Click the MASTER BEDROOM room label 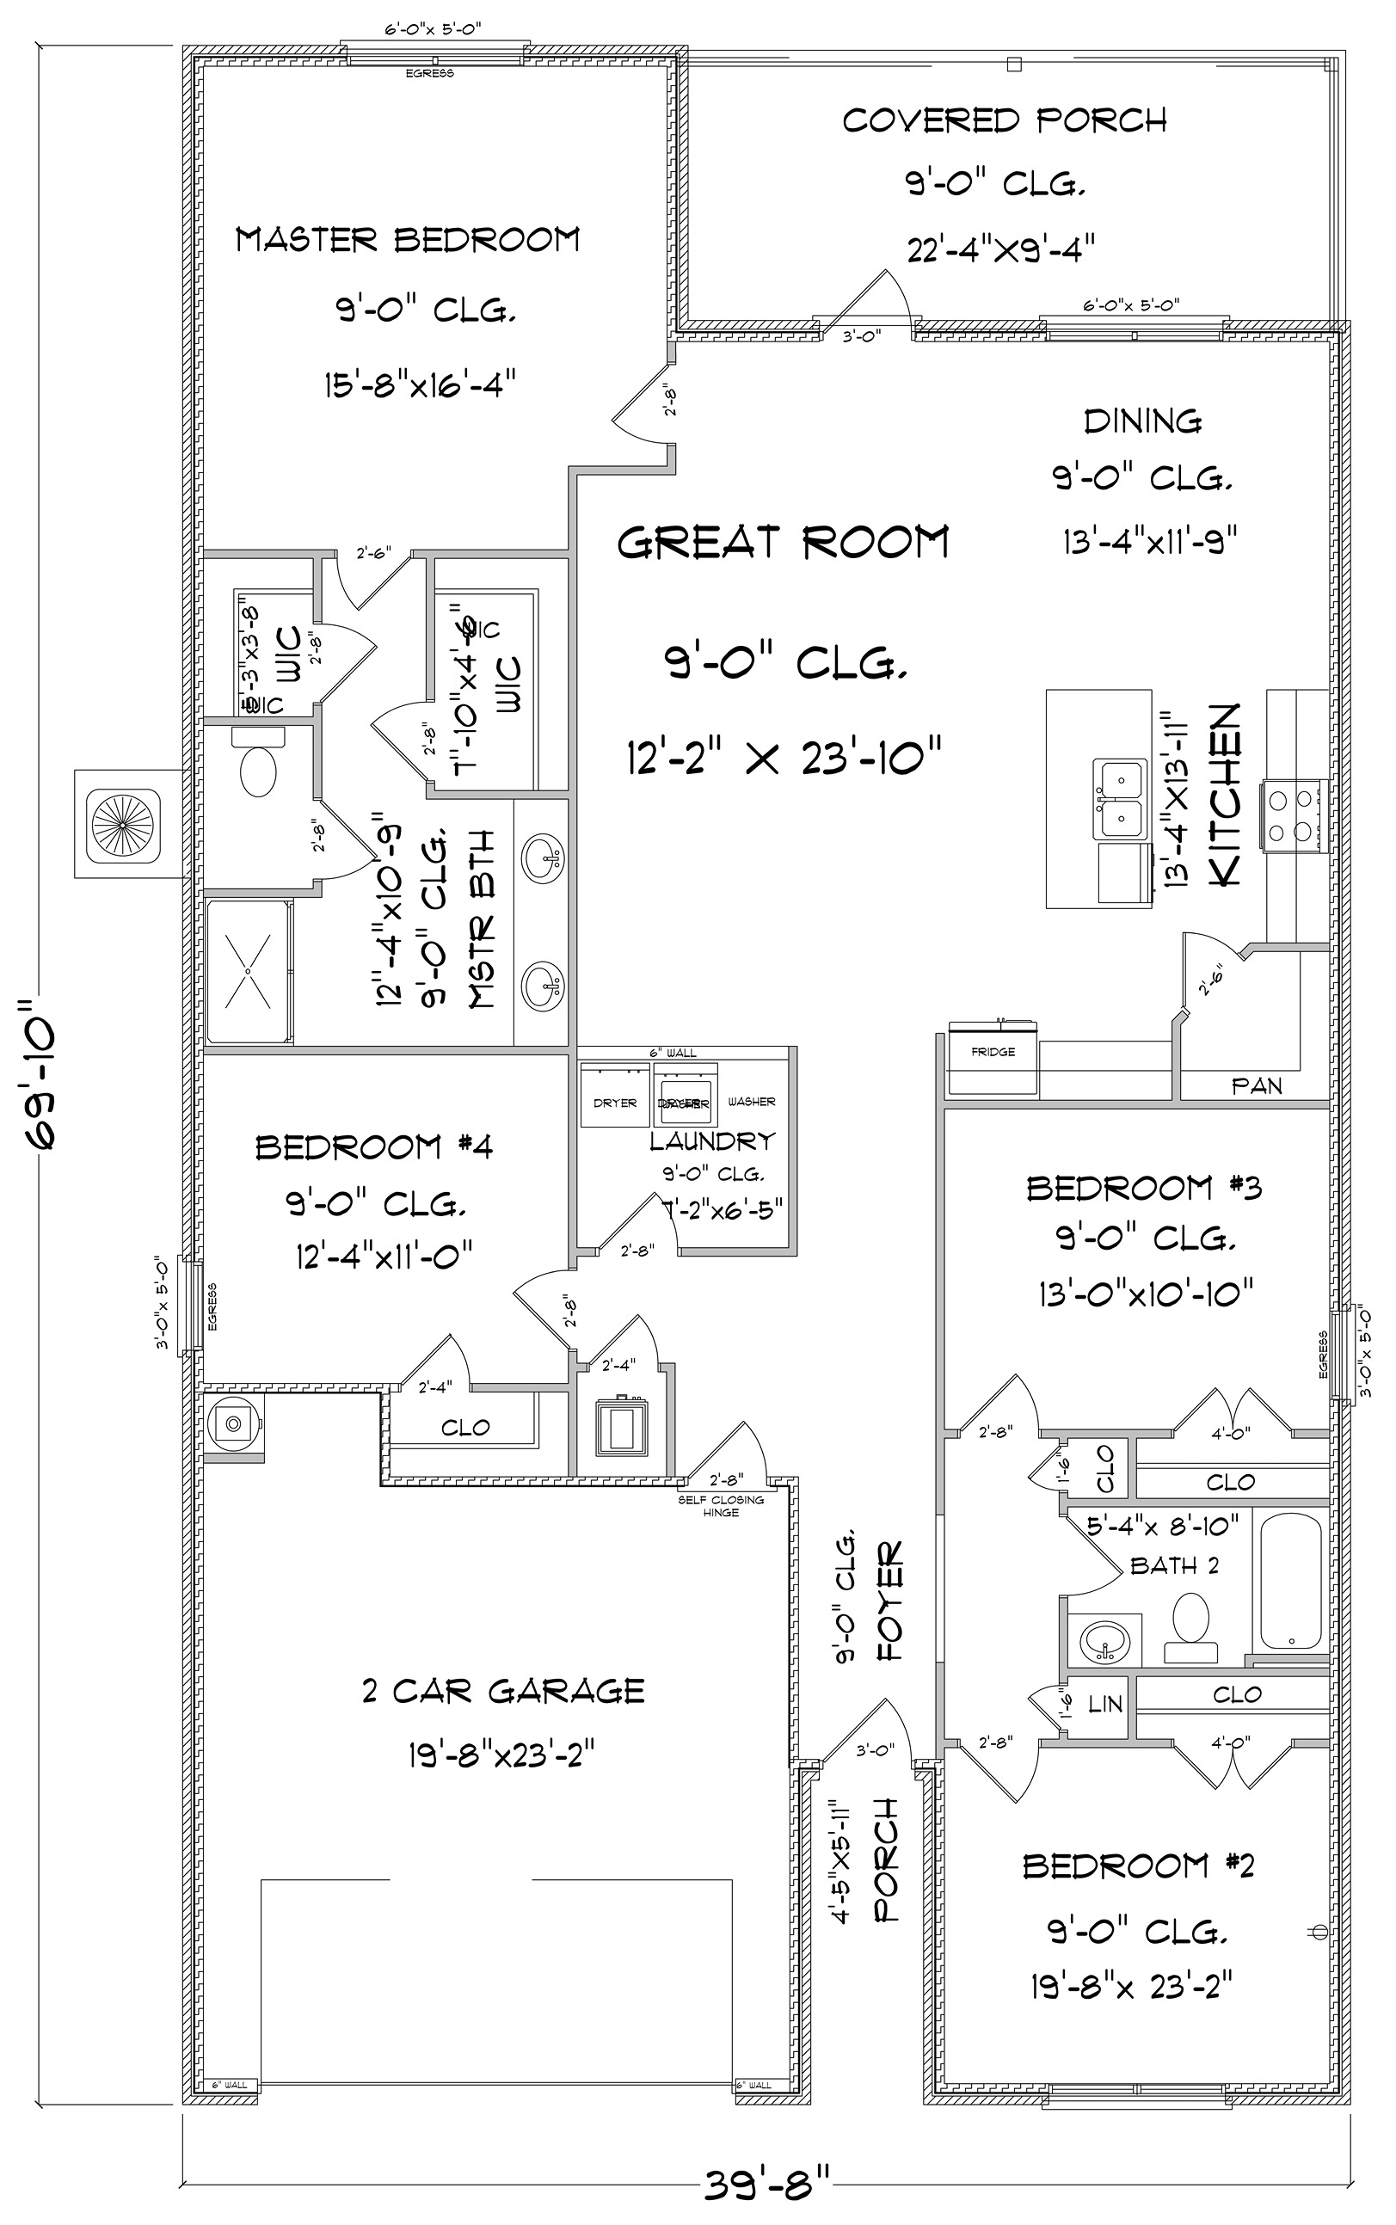tap(407, 240)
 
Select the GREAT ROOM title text tap(782, 542)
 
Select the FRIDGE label tap(993, 1052)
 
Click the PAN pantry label tap(1257, 1086)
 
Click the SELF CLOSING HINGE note tap(721, 1506)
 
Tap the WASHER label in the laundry tap(751, 1102)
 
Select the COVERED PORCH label tap(1004, 120)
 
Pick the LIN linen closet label tap(1104, 1704)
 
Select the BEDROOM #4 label tap(374, 1147)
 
